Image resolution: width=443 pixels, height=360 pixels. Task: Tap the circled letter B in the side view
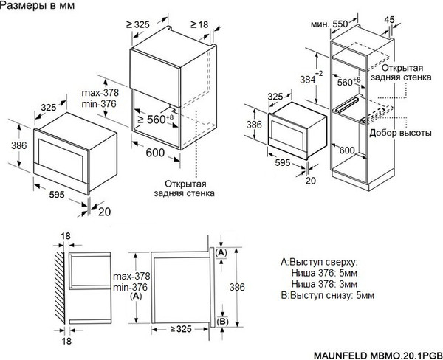[x=222, y=322]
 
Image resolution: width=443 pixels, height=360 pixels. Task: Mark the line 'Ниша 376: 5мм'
[x=328, y=273]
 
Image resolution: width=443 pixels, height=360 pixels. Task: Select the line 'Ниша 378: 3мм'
[x=328, y=283]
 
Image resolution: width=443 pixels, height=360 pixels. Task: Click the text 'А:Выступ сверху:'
[x=319, y=262]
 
